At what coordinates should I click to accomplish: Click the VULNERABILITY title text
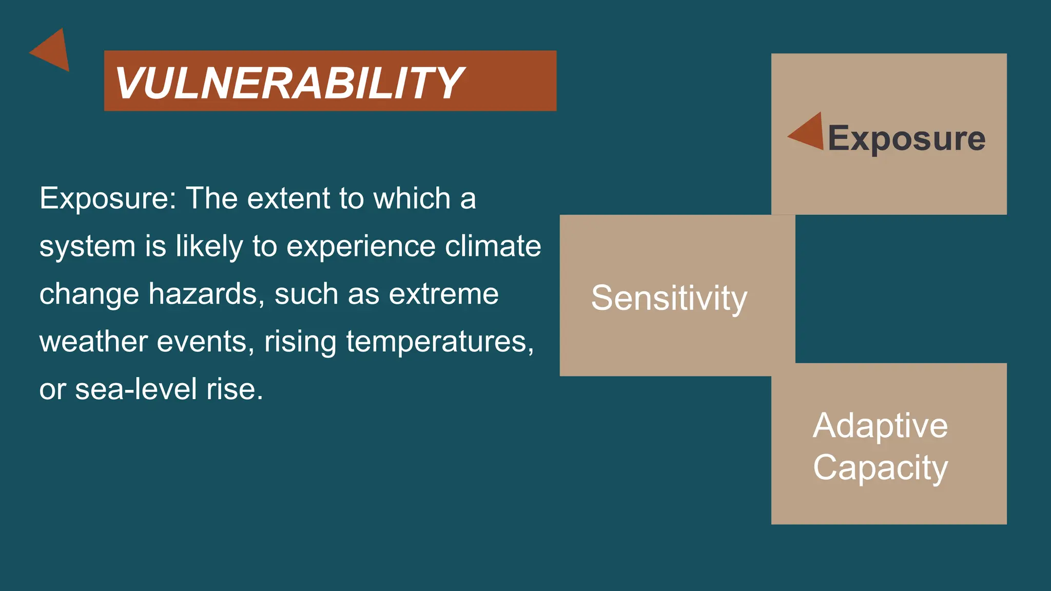289,83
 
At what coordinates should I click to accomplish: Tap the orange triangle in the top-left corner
53,50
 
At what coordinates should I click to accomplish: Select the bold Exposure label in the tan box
906,139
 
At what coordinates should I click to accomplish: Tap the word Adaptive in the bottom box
880,426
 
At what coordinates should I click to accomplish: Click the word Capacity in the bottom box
880,468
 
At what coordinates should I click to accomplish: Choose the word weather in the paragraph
93,342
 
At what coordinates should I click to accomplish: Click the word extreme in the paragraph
443,294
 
